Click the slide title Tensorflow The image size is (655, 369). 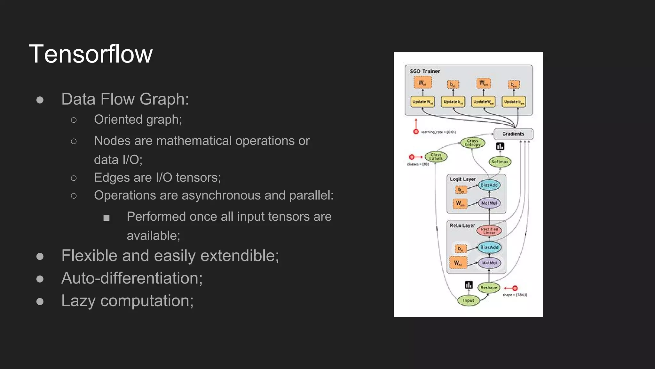(x=91, y=54)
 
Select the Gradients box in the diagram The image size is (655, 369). (x=513, y=134)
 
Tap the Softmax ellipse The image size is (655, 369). (x=500, y=162)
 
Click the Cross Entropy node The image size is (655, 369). (x=472, y=143)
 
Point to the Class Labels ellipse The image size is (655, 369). (x=436, y=157)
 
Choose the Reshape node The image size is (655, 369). (x=488, y=288)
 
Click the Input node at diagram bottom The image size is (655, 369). (x=468, y=300)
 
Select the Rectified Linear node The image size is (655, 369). (x=489, y=231)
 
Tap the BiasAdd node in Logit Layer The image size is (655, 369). (x=489, y=185)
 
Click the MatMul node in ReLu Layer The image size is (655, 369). (x=489, y=263)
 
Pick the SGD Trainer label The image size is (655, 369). (x=425, y=71)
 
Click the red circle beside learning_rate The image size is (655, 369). (x=416, y=132)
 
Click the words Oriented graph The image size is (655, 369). (x=138, y=119)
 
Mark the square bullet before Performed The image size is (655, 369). (x=107, y=218)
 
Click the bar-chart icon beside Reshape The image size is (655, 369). (x=469, y=285)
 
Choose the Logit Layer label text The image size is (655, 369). (x=462, y=179)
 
